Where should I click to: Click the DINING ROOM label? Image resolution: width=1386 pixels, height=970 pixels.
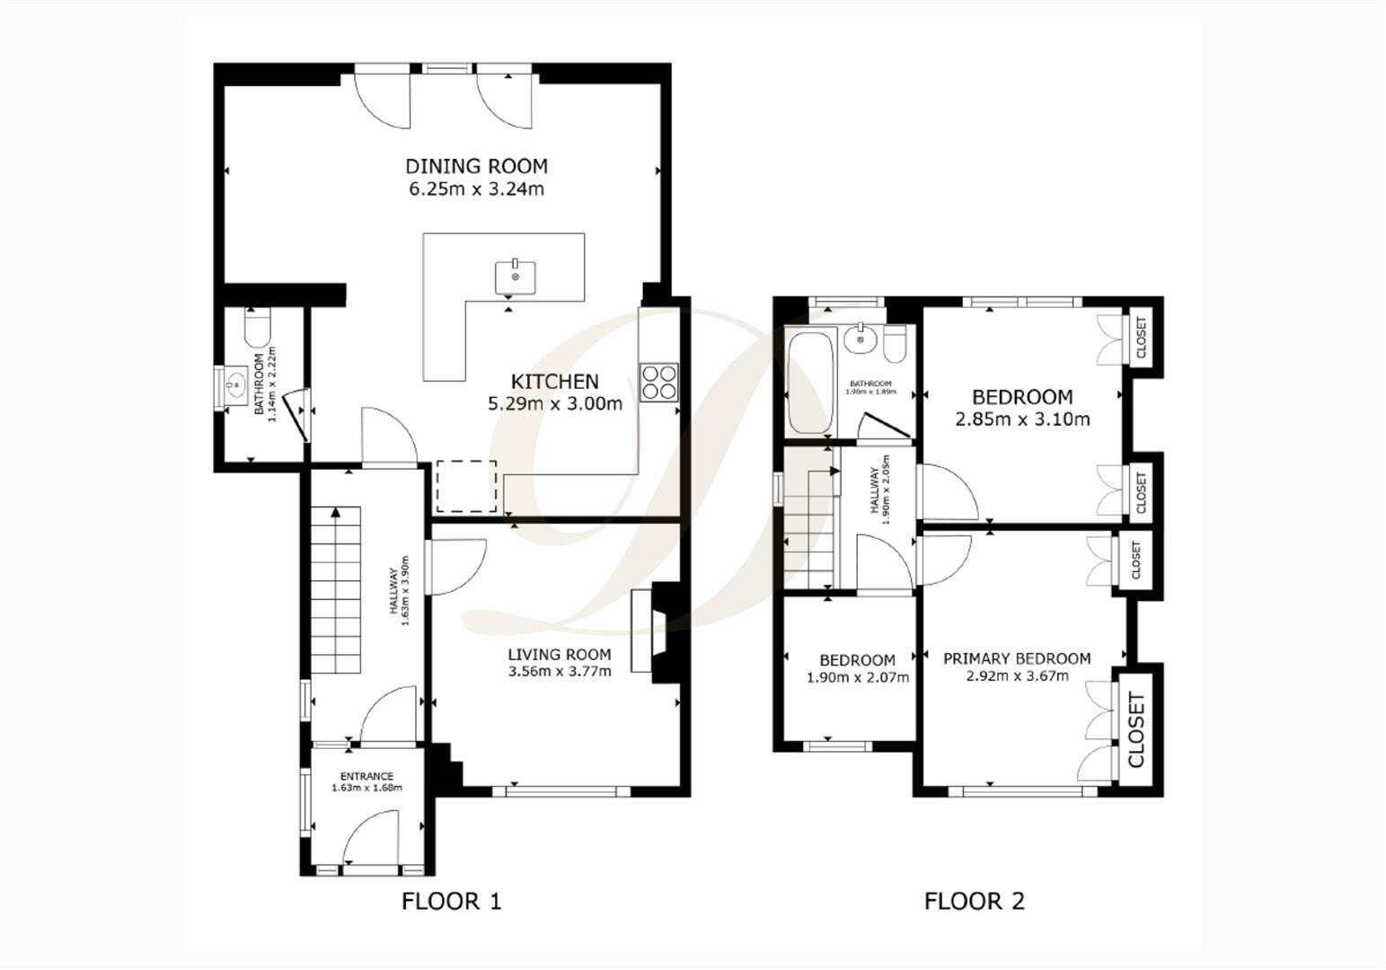(476, 166)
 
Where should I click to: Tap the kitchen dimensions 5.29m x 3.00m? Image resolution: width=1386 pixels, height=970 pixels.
(554, 403)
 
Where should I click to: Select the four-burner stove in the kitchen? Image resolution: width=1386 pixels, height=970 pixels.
(659, 382)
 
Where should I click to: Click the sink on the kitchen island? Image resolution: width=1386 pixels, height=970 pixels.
(516, 276)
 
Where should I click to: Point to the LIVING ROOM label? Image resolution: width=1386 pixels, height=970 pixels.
(559, 655)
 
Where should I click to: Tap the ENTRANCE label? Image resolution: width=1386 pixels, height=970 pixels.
(366, 776)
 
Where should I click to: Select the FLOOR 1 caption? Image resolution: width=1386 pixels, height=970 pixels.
(451, 901)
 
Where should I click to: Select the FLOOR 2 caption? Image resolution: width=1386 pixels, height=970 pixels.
(974, 901)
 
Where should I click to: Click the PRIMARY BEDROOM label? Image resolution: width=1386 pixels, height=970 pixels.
(1017, 658)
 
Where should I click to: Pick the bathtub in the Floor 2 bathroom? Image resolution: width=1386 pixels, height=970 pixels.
(808, 383)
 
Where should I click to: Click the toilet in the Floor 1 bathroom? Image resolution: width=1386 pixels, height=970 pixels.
(257, 328)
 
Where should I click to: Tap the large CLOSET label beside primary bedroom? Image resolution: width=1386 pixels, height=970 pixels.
(1135, 729)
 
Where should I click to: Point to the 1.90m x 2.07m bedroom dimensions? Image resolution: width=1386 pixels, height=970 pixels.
(858, 677)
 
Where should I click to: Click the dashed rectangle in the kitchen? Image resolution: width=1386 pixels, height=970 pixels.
(466, 486)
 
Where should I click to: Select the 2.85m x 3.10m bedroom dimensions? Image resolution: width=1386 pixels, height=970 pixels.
(1022, 419)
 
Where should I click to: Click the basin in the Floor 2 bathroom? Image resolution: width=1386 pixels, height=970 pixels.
(861, 338)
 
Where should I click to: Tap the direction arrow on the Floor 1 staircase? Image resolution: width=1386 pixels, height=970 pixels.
(336, 514)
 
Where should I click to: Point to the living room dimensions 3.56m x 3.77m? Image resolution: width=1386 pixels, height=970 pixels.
(559, 671)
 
